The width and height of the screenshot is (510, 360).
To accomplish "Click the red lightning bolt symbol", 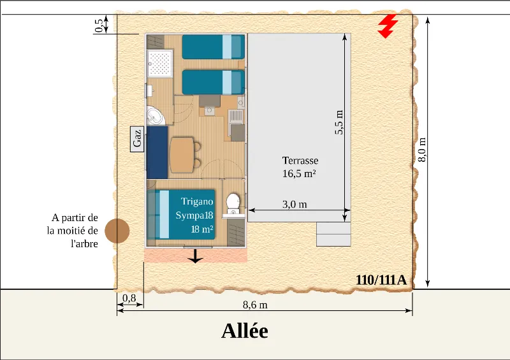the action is pos(388,26).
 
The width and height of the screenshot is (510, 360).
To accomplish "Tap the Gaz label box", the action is pos(137,139).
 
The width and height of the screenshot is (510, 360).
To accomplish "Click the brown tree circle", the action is pos(117,231).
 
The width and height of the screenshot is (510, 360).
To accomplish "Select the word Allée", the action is pos(245,331).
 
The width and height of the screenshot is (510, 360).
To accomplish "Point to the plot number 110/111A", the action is pos(381,280).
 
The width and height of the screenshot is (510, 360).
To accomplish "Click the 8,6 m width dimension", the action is pos(256,305).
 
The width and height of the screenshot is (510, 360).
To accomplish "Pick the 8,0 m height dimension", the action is pos(422,150).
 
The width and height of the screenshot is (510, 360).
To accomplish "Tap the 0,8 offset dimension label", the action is pos(129,298).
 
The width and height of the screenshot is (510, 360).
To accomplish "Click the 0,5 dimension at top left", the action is pos(99,26).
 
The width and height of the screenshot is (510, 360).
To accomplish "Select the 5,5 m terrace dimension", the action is pos(339,122).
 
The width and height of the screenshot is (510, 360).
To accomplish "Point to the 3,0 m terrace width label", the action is pos(295,205).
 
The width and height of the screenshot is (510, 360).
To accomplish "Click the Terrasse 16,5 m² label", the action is pos(300,167).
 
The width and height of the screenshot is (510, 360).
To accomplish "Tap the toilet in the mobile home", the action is pos(233,204).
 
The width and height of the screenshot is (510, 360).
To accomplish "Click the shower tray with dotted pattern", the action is pos(159,64).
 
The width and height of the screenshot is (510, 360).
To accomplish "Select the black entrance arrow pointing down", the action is pos(195,256).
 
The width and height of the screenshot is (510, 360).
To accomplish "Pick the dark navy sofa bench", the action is pos(157,152).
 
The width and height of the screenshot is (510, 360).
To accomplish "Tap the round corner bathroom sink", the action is pos(155,116).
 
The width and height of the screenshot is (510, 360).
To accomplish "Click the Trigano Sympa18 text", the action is pos(194,208).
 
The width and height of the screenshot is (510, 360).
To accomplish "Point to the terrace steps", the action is pos(333,234).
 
